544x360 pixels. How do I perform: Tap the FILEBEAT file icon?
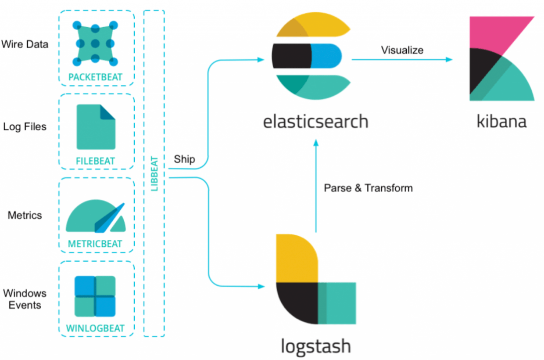pos(96,127)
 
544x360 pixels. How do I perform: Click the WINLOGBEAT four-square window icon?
pos(95,296)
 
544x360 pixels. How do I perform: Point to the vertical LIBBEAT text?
pos(154,173)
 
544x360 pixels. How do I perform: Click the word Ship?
pos(184,159)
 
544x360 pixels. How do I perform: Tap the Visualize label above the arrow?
pos(402,50)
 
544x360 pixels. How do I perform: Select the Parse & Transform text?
pos(368,188)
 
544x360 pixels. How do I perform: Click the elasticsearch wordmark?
pos(315,121)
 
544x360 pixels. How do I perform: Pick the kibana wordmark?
pos(501,121)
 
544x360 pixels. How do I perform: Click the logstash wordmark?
pos(315,346)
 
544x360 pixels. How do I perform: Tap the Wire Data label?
pos(25,44)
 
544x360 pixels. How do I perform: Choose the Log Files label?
pos(25,127)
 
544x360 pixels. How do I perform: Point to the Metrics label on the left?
pos(25,216)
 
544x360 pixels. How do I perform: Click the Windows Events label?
pos(25,299)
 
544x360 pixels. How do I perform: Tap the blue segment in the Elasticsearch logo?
pos(326,56)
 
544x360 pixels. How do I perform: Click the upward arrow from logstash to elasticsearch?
pos(316,184)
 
